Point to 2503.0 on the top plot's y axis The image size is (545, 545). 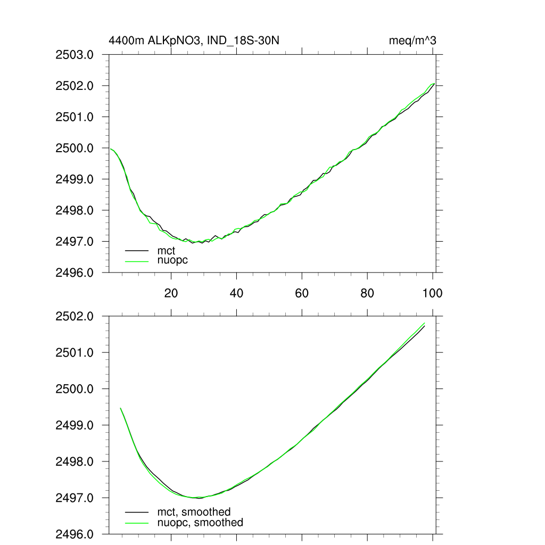pyautogui.click(x=75, y=55)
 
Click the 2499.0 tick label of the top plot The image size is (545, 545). pyautogui.click(x=75, y=179)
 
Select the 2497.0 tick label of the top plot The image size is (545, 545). pyautogui.click(x=75, y=242)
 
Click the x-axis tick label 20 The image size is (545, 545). pyautogui.click(x=171, y=293)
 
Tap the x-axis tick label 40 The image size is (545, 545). pyautogui.click(x=236, y=293)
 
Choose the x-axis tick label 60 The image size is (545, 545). pyautogui.click(x=302, y=293)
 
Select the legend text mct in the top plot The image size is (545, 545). pyautogui.click(x=166, y=251)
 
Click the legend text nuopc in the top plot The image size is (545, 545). pyautogui.click(x=173, y=260)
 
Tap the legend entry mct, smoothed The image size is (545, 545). pyautogui.click(x=194, y=513)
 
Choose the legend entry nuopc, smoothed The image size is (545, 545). pyautogui.click(x=200, y=523)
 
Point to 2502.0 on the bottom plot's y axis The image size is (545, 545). pyautogui.click(x=75, y=316)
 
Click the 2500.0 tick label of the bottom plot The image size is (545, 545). pyautogui.click(x=75, y=389)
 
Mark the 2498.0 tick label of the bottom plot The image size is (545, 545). pyautogui.click(x=75, y=461)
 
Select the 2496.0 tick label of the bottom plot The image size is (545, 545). pyautogui.click(x=75, y=534)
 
